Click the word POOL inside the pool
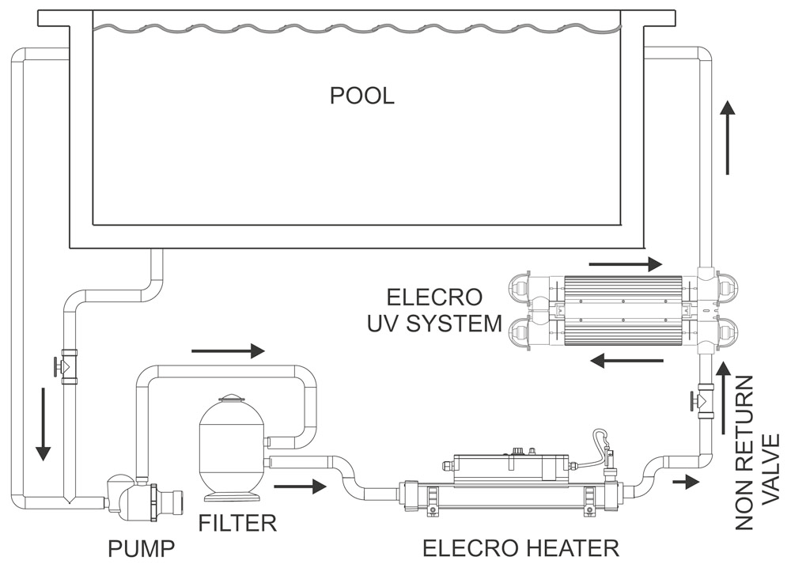click(361, 97)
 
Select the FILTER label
click(238, 523)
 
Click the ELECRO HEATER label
click(520, 547)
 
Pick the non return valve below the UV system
click(703, 399)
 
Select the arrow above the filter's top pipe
click(228, 350)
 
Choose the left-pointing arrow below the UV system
click(627, 362)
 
